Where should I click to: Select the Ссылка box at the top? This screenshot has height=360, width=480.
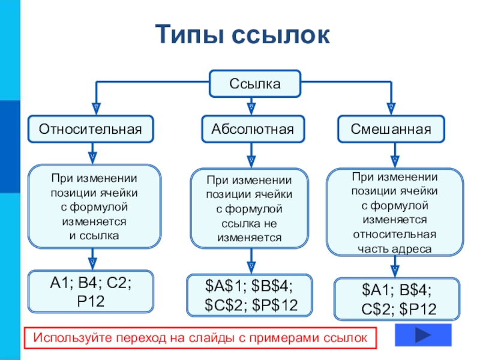click(x=255, y=83)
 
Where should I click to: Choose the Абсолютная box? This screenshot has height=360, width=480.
click(x=253, y=128)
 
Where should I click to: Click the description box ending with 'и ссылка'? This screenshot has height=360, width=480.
click(x=94, y=206)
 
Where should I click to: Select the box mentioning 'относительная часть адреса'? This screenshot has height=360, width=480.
click(x=394, y=211)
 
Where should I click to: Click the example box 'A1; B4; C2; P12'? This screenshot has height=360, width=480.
click(x=91, y=291)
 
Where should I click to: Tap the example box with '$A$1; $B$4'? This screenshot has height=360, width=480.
click(x=250, y=295)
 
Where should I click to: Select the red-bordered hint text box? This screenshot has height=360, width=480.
click(x=200, y=338)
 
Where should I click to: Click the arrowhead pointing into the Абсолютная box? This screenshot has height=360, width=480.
click(x=251, y=109)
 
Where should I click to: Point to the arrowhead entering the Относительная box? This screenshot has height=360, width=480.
click(x=93, y=109)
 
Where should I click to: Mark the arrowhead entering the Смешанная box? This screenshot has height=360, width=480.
click(x=391, y=109)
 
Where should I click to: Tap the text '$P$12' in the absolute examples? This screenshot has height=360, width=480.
click(x=276, y=305)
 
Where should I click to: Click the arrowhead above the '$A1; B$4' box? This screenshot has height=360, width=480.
click(x=394, y=268)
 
